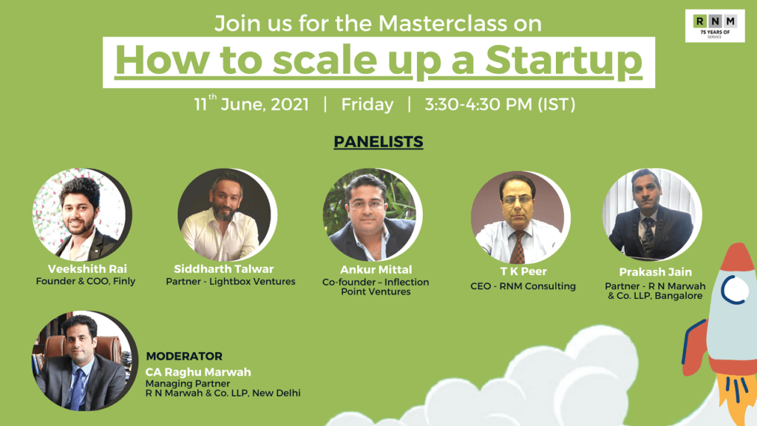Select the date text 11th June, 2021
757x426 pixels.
tap(251, 104)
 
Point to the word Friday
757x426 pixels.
tap(367, 104)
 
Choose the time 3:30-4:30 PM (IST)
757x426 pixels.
tap(500, 104)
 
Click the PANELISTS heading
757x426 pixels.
tap(378, 141)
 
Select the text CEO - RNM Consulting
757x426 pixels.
tap(523, 286)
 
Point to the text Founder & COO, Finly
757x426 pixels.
tap(86, 281)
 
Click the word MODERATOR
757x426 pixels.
tap(184, 356)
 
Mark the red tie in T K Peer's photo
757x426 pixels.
tap(518, 247)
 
